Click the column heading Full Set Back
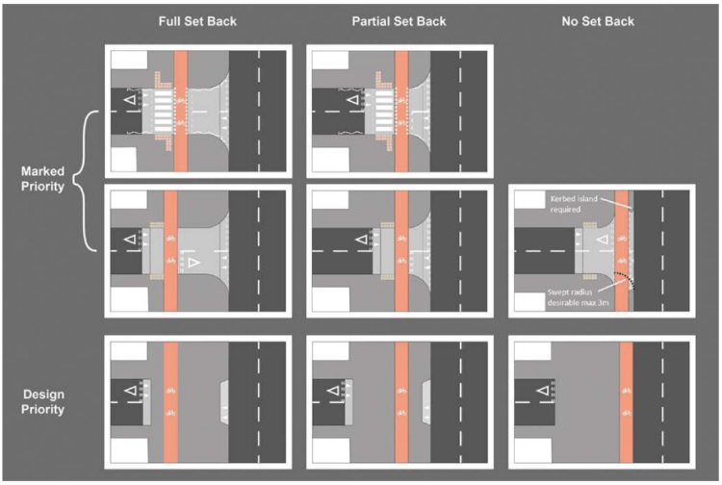[198, 21]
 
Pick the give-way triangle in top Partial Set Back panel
[354, 99]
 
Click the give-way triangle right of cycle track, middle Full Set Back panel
[194, 262]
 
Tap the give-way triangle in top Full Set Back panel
[126, 99]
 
